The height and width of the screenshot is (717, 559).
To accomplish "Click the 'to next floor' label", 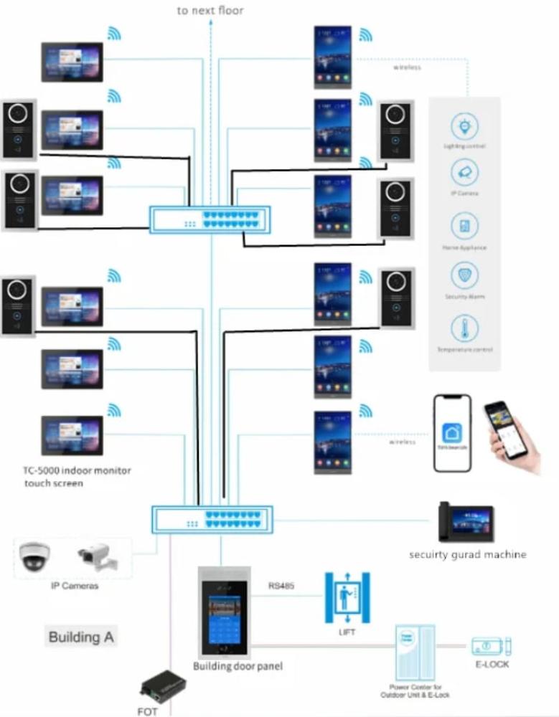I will point(210,11).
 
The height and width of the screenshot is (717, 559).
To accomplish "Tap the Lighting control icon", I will point(464,127).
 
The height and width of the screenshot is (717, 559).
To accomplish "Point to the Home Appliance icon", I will point(464,227).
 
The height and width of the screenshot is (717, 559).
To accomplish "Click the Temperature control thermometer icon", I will point(464,329).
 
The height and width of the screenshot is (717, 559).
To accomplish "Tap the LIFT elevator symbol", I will point(347,597).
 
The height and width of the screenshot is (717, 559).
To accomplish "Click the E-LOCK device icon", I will point(491,646).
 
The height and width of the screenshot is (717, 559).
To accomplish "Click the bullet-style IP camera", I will point(95,556).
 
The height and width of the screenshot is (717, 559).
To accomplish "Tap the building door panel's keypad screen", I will point(223,623).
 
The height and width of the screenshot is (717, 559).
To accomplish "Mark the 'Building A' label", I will point(80,637).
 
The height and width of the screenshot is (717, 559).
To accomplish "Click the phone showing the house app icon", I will point(452,433).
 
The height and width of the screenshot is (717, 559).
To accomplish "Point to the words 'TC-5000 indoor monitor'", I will point(76,471).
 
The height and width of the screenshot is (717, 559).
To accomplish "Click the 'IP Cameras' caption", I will point(74,586).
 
